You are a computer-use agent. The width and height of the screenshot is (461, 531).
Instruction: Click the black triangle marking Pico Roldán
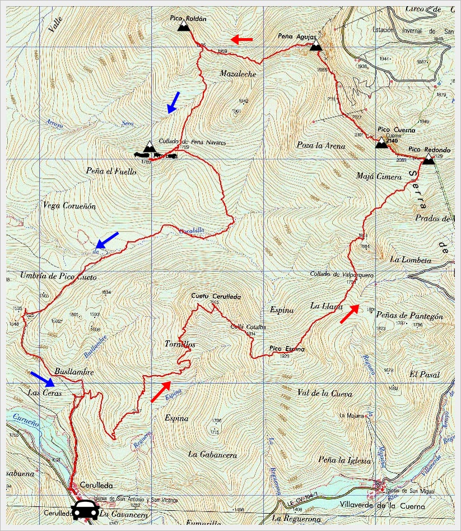[183, 26]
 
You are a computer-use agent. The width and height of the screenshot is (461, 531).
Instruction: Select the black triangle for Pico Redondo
[428, 160]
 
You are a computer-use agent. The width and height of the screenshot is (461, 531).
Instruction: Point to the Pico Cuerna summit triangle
[381, 143]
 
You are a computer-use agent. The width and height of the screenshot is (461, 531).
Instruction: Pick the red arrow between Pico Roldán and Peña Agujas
[242, 39]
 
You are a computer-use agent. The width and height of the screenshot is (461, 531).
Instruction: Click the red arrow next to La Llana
[350, 314]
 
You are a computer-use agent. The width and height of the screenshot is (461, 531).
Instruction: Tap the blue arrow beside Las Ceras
[43, 379]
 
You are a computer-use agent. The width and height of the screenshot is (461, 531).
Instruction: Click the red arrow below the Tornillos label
[161, 391]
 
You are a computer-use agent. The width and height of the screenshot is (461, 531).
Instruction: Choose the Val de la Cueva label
[325, 394]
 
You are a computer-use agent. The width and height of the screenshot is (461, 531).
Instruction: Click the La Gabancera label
[212, 454]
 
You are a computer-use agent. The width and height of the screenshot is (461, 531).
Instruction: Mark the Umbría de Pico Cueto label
[58, 277]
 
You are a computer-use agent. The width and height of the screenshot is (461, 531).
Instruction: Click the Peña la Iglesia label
[344, 460]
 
